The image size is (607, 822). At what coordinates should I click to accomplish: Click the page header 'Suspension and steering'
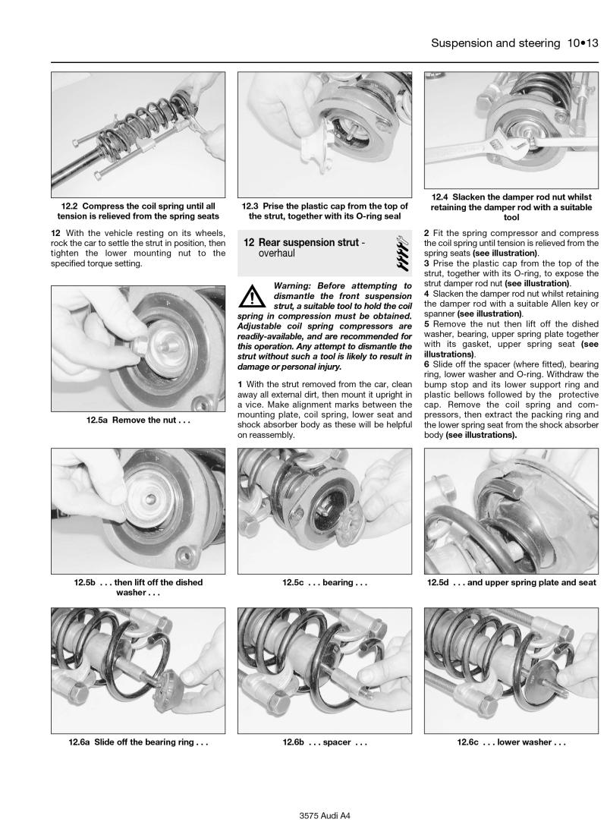coord(495,43)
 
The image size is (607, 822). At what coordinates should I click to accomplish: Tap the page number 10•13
coord(582,43)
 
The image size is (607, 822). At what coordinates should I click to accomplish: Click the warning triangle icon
coord(251,294)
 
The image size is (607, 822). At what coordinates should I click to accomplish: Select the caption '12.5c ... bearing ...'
coord(324,583)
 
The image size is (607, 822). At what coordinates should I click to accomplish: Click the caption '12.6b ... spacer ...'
coord(324,742)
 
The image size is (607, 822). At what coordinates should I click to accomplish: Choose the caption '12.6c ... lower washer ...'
coord(511,742)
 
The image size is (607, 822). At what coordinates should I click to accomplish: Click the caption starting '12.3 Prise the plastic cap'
coord(324,210)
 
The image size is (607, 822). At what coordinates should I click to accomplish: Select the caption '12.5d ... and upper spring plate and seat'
coord(511,583)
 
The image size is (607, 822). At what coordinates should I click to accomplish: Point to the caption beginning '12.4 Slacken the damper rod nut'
coord(511,206)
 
